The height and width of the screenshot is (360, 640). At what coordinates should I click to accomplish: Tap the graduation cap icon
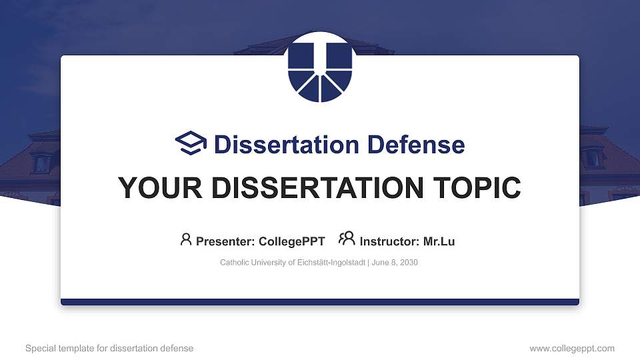tap(191, 143)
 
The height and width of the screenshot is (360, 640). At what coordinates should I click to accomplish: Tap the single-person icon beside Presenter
tap(186, 239)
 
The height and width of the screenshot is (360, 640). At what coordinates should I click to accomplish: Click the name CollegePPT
tap(293, 241)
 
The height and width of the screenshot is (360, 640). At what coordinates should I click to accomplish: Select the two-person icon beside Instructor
tap(347, 239)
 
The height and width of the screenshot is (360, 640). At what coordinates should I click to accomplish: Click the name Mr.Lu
tap(439, 241)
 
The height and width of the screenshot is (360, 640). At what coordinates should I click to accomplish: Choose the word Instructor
tap(389, 241)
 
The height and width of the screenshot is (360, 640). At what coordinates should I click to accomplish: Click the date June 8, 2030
tap(395, 263)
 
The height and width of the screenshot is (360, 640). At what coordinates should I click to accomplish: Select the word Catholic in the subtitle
tap(234, 263)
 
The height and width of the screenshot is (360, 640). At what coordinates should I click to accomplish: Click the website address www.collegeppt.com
tap(572, 348)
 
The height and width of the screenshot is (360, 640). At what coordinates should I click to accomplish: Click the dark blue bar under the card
tap(320, 302)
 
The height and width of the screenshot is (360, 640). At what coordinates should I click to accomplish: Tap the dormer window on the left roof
tap(41, 162)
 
